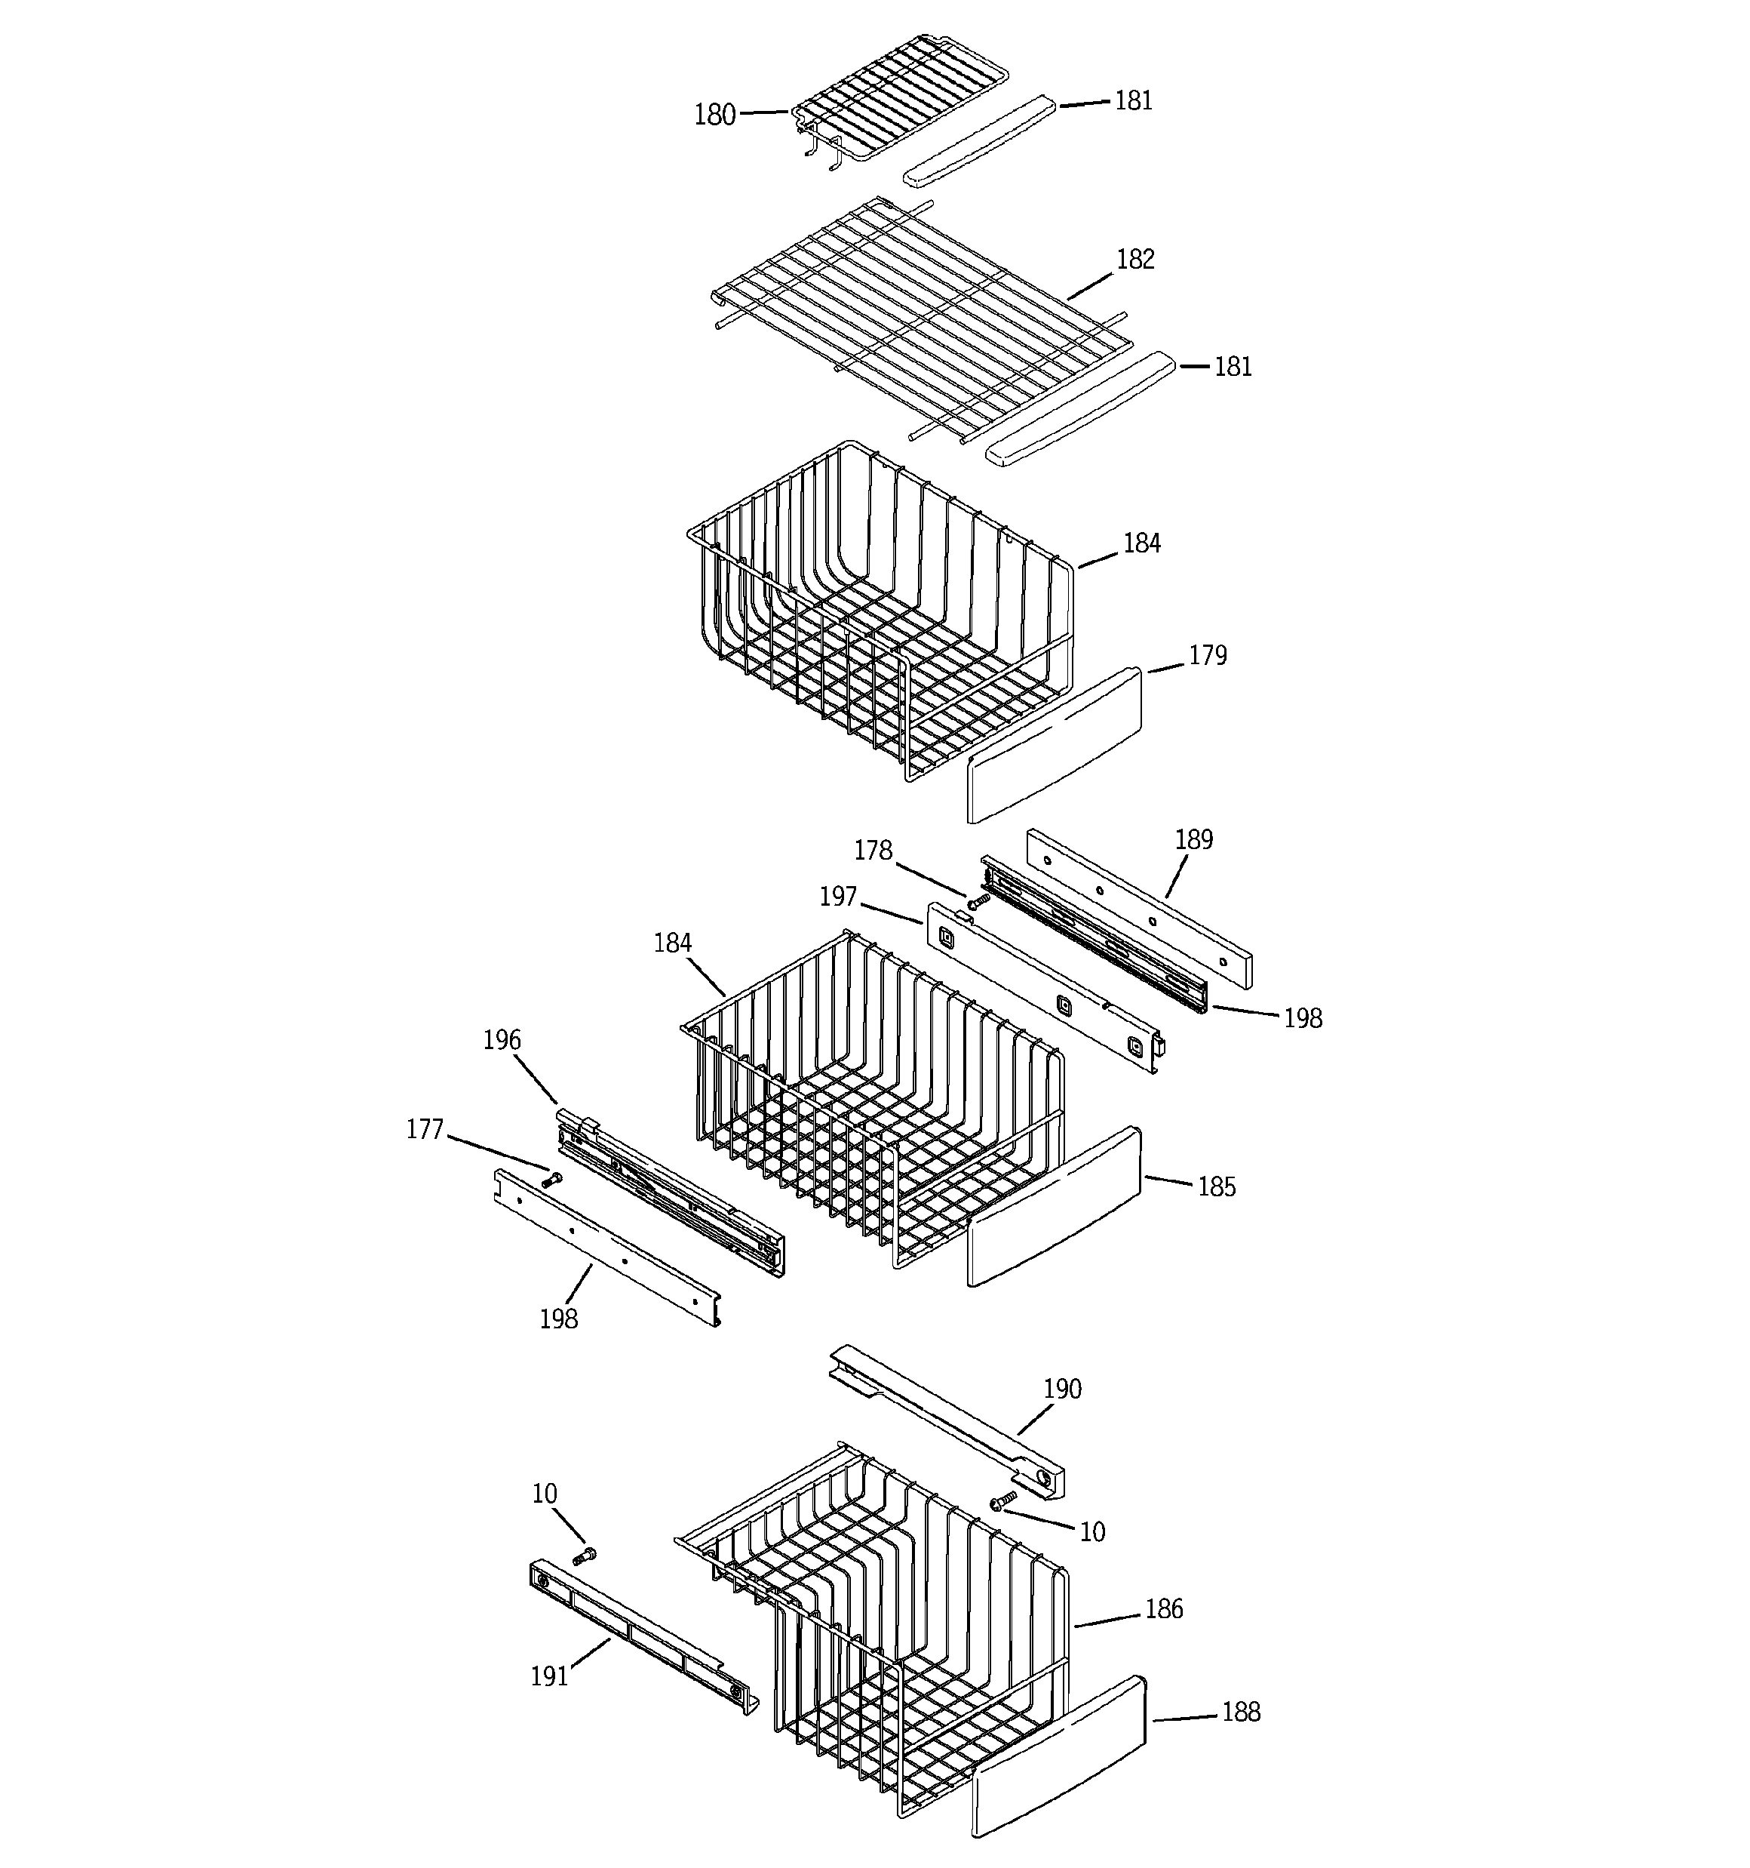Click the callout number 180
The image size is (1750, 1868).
tap(714, 115)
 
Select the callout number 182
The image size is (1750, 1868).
tap(1134, 260)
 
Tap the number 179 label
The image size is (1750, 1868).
tap(1207, 655)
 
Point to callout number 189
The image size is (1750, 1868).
tap(1193, 839)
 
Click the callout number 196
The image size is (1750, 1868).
tap(502, 1040)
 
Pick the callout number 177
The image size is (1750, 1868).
tap(425, 1129)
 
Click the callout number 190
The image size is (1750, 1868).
tap(1062, 1389)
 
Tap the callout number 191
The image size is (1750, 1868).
tap(550, 1676)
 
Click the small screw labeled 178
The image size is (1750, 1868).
tap(978, 901)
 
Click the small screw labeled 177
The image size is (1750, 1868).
tap(551, 1178)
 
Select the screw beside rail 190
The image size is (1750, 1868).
tap(1003, 1500)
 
